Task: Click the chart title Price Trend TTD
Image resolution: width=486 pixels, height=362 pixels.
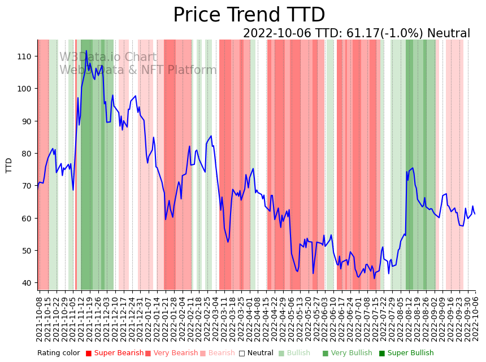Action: tap(249, 15)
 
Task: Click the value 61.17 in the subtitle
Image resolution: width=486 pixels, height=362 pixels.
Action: tap(352, 34)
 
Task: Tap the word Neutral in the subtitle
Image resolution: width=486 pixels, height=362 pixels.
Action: tap(448, 34)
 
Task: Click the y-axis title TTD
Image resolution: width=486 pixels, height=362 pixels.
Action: tap(9, 165)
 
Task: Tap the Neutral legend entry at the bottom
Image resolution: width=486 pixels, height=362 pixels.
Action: tap(256, 354)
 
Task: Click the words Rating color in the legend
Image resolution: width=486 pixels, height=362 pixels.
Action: tap(59, 354)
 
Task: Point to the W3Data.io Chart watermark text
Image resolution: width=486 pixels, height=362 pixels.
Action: tap(109, 57)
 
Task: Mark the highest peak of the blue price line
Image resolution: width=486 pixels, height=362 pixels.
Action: tap(86, 51)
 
